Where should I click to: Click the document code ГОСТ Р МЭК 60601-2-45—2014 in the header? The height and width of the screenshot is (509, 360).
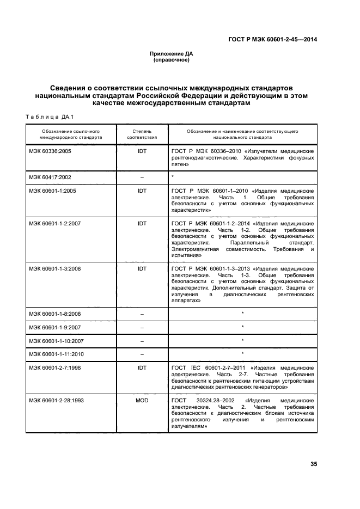[x=273, y=39]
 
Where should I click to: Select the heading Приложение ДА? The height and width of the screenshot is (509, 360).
[x=172, y=53]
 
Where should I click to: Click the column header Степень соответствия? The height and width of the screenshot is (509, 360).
[x=142, y=135]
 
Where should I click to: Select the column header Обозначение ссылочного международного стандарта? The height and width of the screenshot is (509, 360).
[x=71, y=135]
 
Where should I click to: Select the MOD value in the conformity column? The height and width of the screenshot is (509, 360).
[x=142, y=400]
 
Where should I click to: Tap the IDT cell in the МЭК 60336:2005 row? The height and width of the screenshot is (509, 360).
[x=142, y=152]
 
